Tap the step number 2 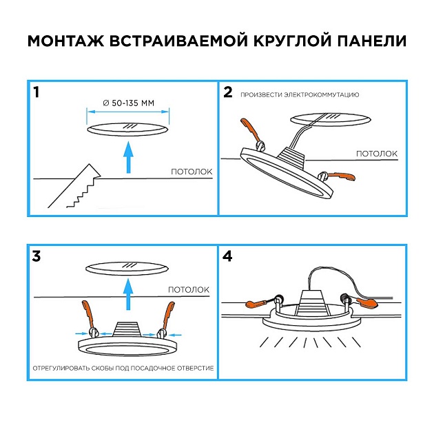coord(228,92)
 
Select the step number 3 coord(37,257)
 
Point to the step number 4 coord(229,257)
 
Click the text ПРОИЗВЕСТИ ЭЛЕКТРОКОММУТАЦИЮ coord(300,94)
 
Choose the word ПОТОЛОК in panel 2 coord(376,153)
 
